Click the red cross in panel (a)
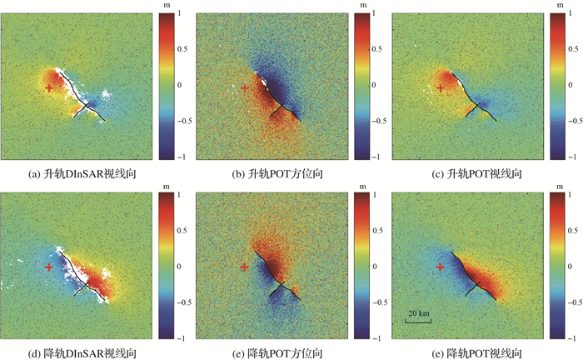click(49, 87)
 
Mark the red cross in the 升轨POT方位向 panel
click(244, 87)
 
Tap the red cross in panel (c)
click(441, 87)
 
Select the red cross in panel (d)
click(49, 267)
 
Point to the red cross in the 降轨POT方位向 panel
click(244, 267)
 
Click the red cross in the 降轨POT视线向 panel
click(441, 267)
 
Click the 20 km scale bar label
click(418, 312)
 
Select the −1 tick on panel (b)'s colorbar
click(375, 157)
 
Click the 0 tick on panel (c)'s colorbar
click(571, 85)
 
